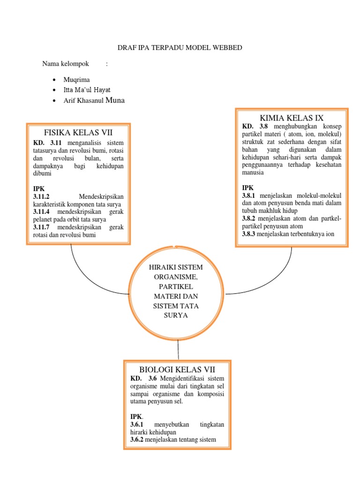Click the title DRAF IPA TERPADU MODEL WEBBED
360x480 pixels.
180,48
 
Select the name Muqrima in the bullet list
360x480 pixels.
76,80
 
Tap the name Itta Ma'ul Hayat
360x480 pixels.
87,90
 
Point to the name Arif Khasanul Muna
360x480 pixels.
94,100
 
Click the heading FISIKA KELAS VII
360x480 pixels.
78,132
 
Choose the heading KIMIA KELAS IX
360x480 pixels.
291,118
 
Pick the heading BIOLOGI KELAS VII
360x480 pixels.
177,369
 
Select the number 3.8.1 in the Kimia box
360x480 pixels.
249,195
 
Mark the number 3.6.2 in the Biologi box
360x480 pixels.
137,440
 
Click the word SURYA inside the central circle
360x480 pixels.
176,315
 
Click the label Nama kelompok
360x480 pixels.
61,64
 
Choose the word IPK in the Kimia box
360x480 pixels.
247,188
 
